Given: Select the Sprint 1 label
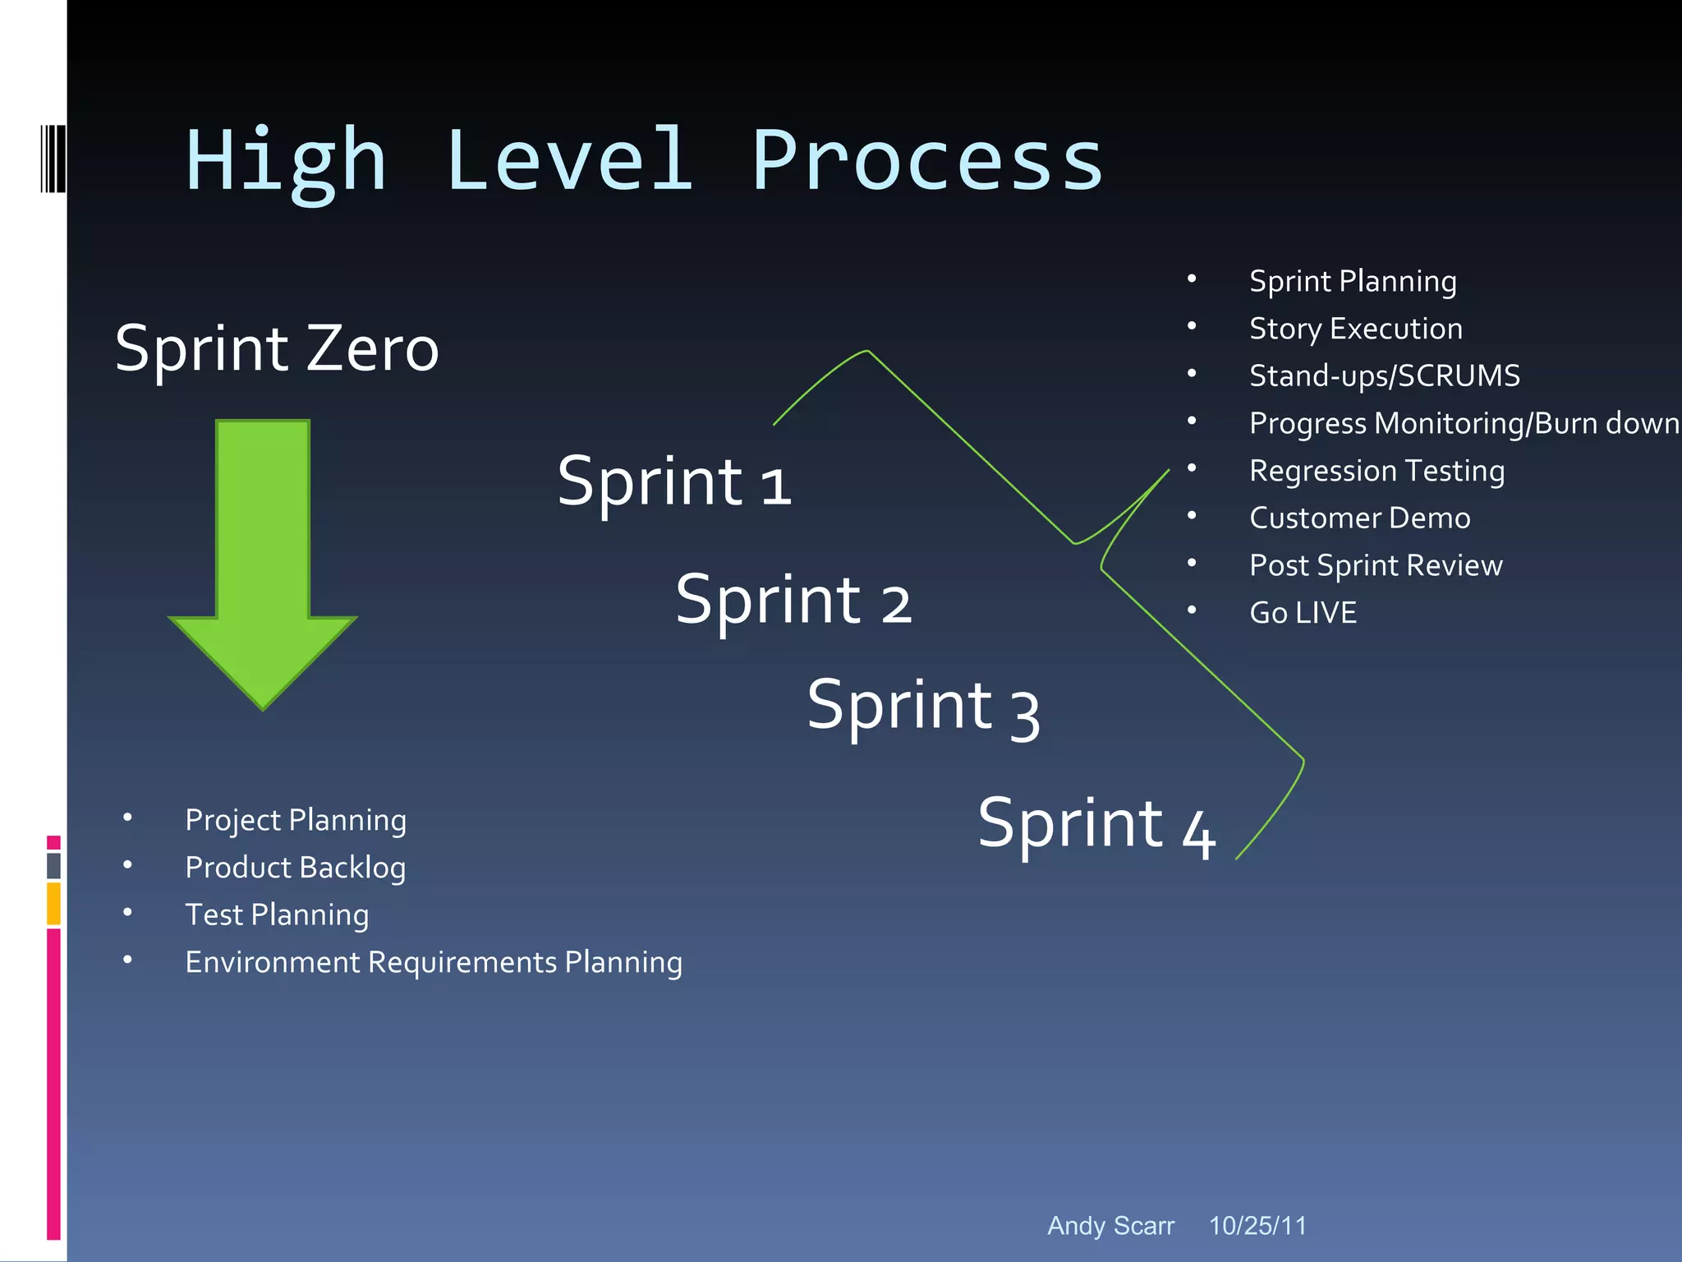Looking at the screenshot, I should coord(673,482).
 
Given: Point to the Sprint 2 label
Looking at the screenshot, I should coord(793,601).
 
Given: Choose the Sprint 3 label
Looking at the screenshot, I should coord(923,707).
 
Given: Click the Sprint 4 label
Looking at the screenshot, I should coord(1096,825).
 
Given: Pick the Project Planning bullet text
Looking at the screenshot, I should coord(296,820).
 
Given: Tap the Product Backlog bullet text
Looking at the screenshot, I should coord(296,868).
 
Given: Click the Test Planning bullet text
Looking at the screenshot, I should coord(277,914).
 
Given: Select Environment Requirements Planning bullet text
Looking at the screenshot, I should coord(434,962).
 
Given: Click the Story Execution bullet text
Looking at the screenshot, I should coord(1356,329).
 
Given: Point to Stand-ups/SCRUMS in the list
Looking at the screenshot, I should coord(1385,375).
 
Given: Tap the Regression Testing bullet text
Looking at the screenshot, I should coord(1377,471).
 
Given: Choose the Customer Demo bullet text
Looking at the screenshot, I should coord(1360,518).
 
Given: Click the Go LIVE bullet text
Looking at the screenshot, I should coord(1303,613).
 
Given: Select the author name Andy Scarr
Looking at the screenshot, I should coord(1110,1226).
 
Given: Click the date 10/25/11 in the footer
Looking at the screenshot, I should coord(1257,1226).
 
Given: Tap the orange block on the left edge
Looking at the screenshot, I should coord(53,904).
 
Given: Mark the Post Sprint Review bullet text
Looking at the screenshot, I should coord(1376,565).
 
